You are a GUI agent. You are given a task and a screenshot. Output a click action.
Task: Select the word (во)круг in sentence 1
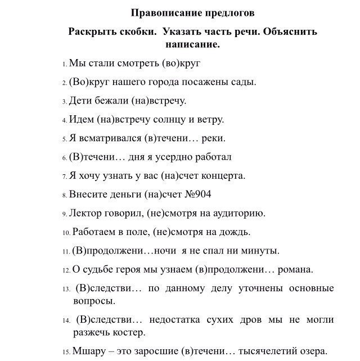click(181, 63)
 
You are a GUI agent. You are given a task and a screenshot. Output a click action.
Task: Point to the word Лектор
click(85, 213)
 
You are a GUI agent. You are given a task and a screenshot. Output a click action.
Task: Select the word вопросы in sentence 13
click(94, 301)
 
